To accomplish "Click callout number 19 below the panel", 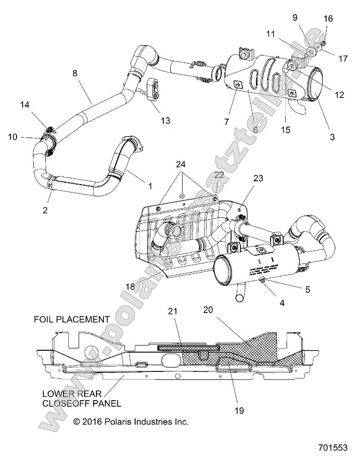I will pos(239,410).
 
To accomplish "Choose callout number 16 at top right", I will pos(328,19).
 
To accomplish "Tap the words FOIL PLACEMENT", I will pos(72,319).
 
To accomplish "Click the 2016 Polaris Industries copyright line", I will pos(131,421).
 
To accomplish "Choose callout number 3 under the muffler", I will pos(332,137).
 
